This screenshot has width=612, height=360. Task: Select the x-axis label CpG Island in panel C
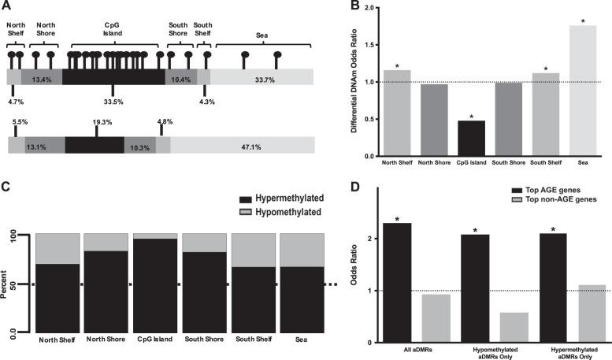[154, 340]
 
